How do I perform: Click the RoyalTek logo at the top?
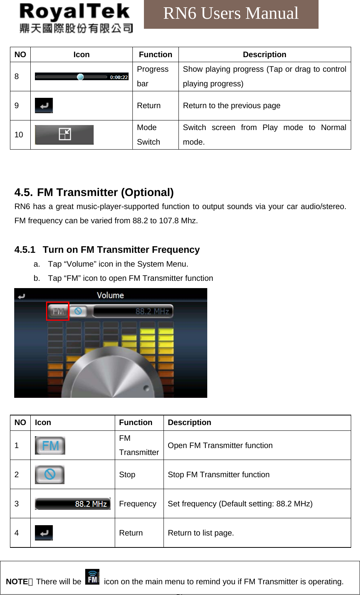76,18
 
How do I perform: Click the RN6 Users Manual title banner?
231,14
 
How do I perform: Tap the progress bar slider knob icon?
80,77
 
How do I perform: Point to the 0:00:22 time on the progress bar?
119,77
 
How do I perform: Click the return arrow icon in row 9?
44,105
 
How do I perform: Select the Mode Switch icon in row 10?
64,134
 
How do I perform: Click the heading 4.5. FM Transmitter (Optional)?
94,192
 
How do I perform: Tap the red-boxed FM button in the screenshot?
58,311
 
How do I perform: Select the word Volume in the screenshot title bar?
110,295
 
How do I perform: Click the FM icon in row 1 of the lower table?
50,445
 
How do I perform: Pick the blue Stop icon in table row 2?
50,475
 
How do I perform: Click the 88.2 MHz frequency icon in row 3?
73,504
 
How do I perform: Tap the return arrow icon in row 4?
44,533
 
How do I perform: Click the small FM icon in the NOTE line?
92,577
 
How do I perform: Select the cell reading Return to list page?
201,533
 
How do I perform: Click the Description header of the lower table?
189,422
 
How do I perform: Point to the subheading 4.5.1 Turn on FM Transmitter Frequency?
107,250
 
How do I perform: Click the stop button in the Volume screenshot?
78,311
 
